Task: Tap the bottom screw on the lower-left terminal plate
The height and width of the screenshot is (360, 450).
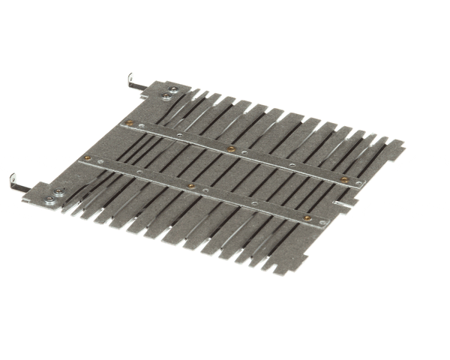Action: (49, 200)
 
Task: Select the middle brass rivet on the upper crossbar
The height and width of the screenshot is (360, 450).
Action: (231, 148)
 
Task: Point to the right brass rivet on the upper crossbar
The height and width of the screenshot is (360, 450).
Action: (344, 179)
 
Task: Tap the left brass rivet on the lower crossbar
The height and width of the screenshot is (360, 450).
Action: (88, 158)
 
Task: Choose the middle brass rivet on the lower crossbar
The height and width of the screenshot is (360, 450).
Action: (191, 186)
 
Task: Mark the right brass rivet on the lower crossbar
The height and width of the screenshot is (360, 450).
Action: (307, 217)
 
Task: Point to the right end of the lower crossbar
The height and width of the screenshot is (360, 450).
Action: (326, 223)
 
